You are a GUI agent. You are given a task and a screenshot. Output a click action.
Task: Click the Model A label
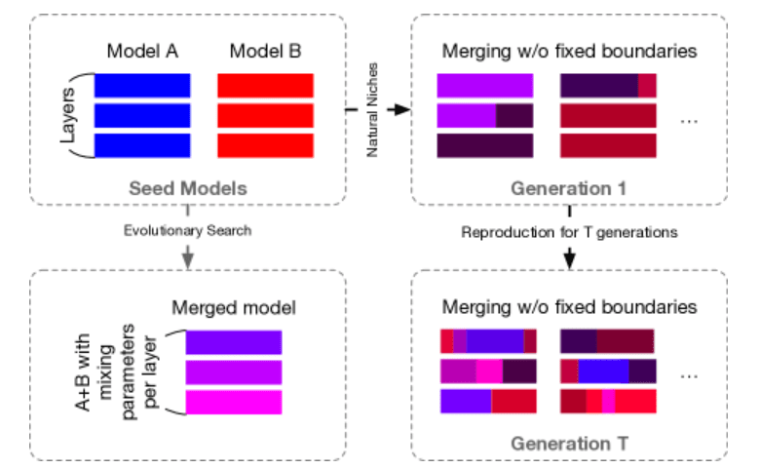coord(142,51)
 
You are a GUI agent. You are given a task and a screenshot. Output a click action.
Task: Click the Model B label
coord(264,51)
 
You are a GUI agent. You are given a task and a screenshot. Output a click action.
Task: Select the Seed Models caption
coord(186,186)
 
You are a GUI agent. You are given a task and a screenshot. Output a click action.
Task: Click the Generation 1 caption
coord(570,186)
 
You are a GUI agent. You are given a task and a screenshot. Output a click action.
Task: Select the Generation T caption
coord(570,444)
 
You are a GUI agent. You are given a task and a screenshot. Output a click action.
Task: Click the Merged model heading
coord(234,308)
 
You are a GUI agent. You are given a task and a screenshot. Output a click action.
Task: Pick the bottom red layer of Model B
coord(264,145)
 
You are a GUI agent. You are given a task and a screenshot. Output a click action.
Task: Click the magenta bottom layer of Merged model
coord(234,402)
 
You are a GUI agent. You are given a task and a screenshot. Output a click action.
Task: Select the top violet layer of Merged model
coord(234,342)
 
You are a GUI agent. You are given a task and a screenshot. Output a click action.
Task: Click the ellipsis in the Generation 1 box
coord(689,120)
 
